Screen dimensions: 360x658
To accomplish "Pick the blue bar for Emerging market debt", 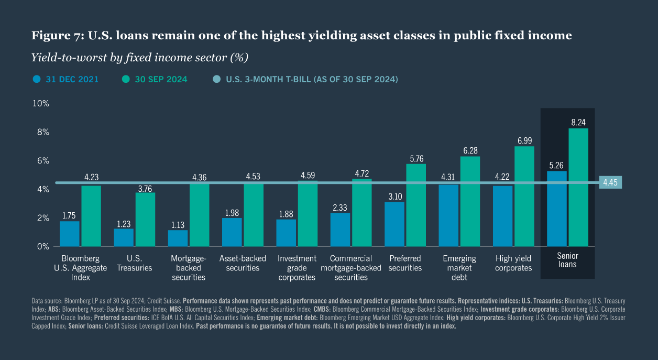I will [x=448, y=215].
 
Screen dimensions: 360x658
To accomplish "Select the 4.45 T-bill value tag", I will [x=610, y=183].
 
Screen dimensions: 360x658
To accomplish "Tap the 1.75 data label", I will [x=70, y=215].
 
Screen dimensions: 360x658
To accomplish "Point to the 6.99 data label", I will [x=524, y=140].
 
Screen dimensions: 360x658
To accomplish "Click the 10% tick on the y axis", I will [x=41, y=104].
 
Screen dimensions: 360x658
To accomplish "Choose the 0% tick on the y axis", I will [x=43, y=246].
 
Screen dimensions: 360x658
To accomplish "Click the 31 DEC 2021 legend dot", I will [x=36, y=80].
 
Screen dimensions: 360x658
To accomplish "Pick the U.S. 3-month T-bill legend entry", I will [x=312, y=80].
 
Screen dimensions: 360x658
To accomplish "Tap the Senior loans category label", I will [x=567, y=260].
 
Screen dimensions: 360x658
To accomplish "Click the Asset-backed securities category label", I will [x=243, y=263].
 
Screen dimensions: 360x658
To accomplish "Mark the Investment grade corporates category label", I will [x=297, y=268].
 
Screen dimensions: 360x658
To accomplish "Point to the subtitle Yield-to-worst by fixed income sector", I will [x=139, y=57].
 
